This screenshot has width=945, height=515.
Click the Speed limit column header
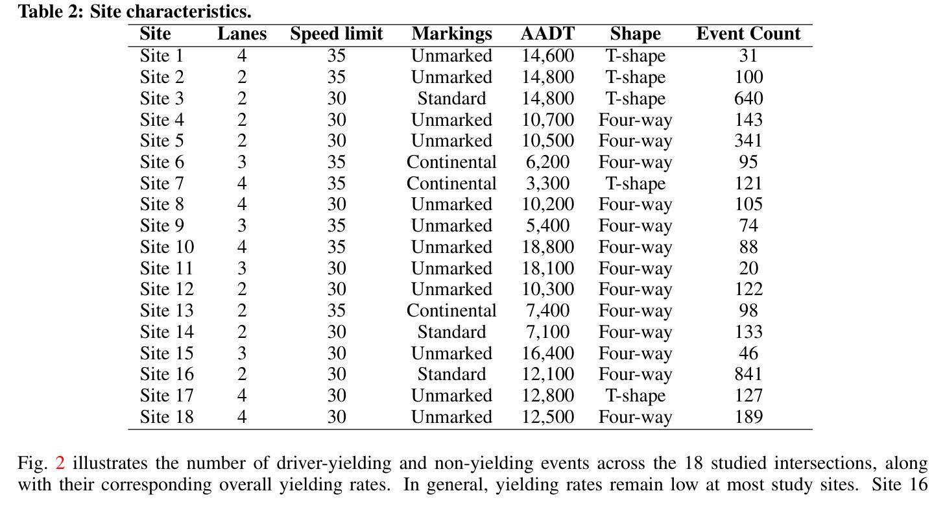click(336, 34)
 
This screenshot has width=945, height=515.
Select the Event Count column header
click(748, 34)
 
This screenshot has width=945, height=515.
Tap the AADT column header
click(547, 34)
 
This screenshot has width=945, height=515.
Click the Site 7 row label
click(161, 184)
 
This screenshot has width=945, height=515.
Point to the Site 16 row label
click(167, 374)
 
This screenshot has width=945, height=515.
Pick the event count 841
click(748, 374)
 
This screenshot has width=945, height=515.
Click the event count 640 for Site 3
click(748, 99)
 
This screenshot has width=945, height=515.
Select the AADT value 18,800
click(547, 247)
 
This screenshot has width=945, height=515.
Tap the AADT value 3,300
click(547, 184)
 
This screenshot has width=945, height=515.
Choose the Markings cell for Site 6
click(451, 162)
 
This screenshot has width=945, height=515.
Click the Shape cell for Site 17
click(635, 396)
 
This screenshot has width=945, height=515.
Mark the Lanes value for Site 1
click(242, 56)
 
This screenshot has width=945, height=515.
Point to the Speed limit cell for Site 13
click(336, 311)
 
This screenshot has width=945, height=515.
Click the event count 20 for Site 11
click(748, 269)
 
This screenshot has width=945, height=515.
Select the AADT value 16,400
click(547, 353)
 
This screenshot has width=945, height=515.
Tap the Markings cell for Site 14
click(451, 332)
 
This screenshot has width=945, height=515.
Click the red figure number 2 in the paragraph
click(60, 463)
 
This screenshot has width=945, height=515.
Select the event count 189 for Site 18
click(748, 416)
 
